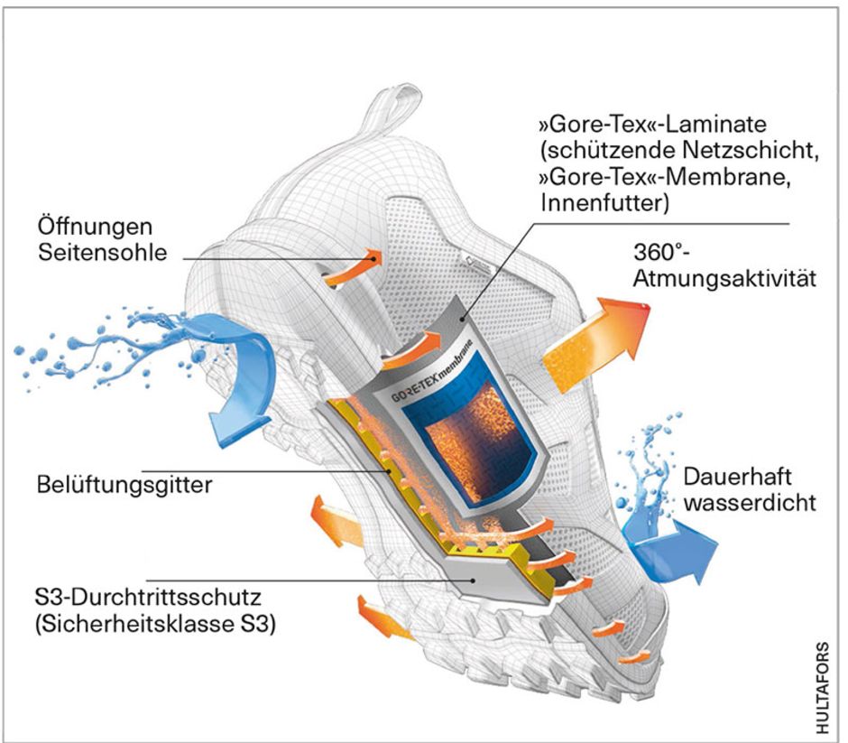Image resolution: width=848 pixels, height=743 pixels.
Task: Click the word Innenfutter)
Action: [604, 205]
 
